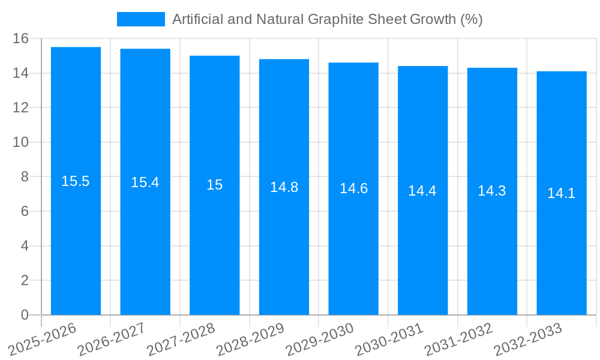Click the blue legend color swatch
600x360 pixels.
pos(140,19)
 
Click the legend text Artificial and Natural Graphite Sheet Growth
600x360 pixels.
pos(327,19)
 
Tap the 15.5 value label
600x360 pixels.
pos(76,181)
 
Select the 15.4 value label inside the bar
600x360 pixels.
pos(145,182)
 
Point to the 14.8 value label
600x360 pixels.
pos(284,187)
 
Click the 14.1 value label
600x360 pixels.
pos(561,193)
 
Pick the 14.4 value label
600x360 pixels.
pos(422,191)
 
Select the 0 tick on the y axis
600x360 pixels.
pos(25,315)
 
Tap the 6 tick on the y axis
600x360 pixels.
pos(25,211)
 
